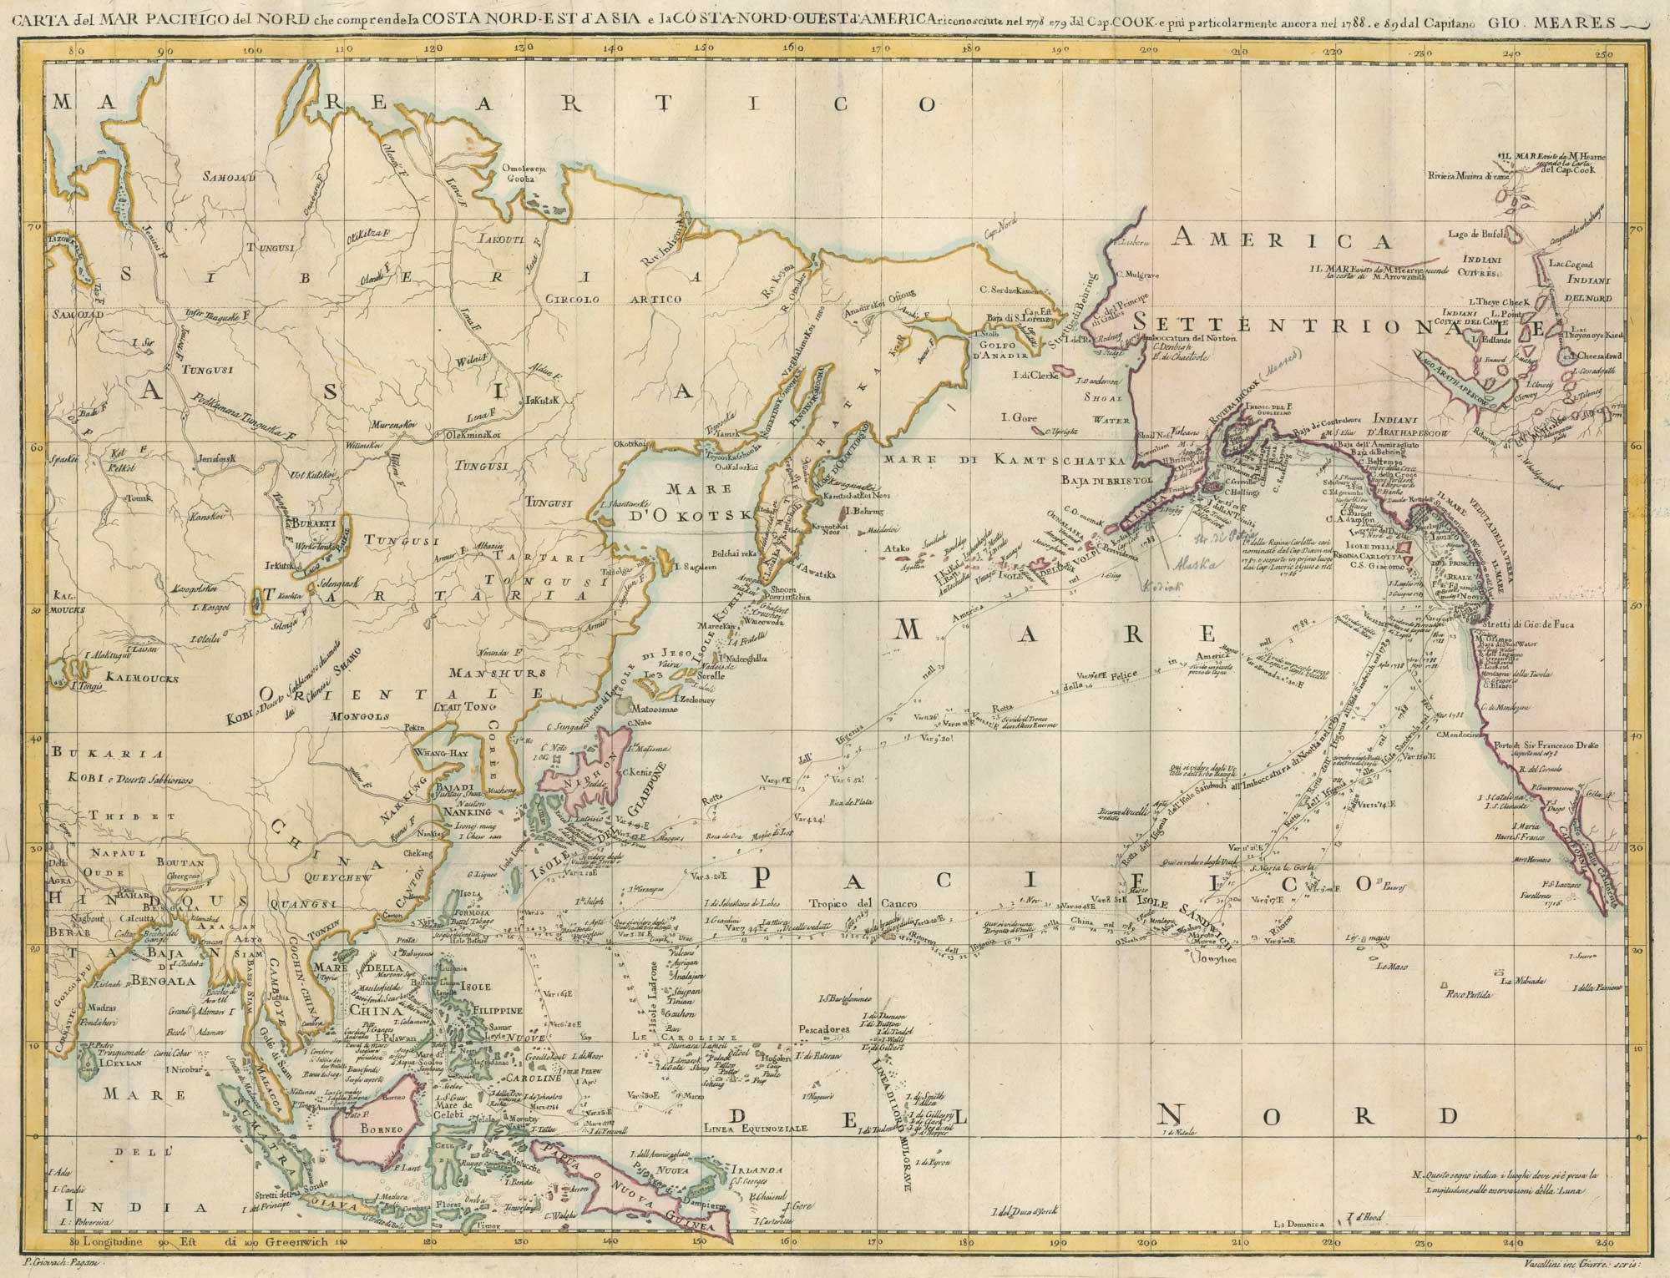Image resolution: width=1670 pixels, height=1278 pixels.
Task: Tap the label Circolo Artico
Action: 613,299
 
